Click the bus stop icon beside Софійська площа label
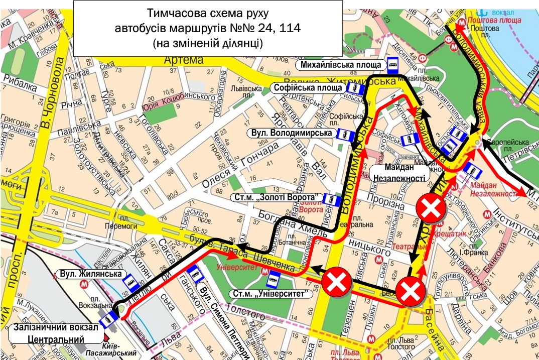(355, 88)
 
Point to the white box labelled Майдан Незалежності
(399, 172)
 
